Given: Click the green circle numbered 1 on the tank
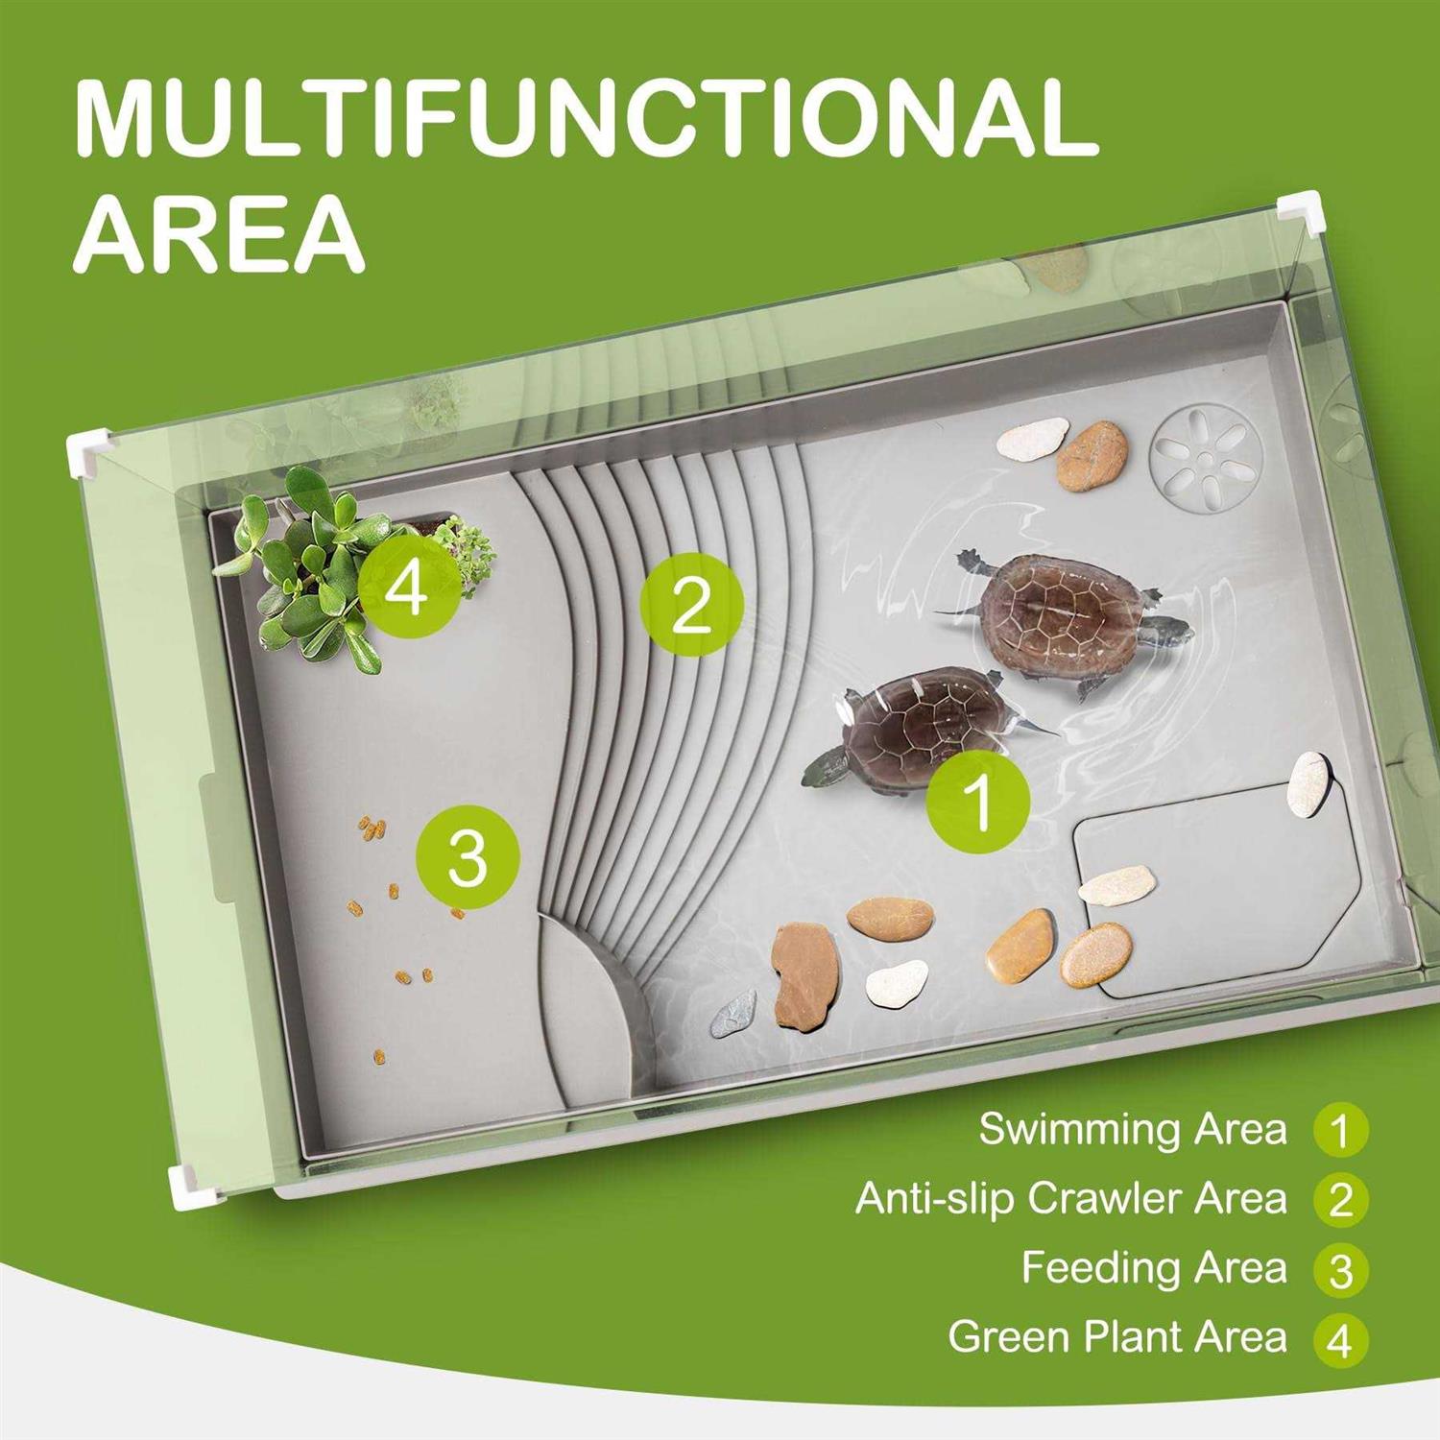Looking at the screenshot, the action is pos(978,803).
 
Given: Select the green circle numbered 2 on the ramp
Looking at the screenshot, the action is pos(691,604).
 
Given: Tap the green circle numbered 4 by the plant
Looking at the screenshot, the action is pos(408,587).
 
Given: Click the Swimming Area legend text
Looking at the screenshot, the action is pos(1133,1129).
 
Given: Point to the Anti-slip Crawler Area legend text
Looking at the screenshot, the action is pos(1070,1198).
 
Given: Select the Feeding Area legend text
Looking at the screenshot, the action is pos(1154,1267).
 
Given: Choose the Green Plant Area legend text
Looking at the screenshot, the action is pos(1117,1336).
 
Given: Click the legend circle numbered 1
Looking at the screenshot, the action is pos(1341,1130).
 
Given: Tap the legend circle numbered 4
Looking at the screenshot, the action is pos(1341,1338).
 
